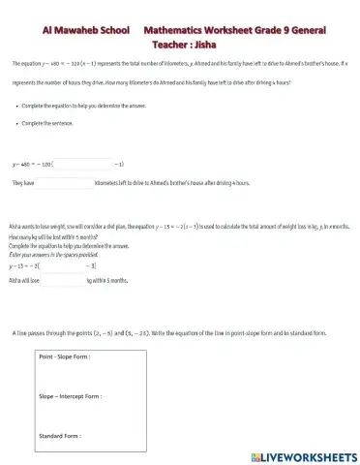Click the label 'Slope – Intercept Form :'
(x=70, y=395)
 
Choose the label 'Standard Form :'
(x=58, y=436)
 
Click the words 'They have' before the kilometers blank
(x=23, y=181)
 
